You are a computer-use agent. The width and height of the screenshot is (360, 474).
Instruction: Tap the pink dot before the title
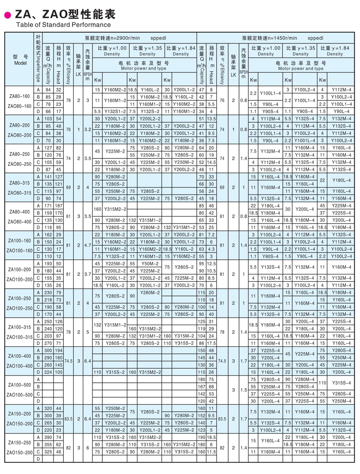[7, 16]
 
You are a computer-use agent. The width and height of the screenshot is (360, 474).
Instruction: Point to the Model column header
[20, 60]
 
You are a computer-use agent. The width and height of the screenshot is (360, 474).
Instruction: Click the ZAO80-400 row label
[20, 221]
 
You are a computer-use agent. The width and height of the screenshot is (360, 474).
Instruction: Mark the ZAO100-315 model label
[20, 338]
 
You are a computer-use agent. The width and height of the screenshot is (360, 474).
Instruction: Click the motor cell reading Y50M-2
[147, 264]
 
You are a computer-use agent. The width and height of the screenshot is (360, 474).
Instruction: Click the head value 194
[59, 350]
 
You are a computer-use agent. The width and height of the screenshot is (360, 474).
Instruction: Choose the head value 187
[59, 206]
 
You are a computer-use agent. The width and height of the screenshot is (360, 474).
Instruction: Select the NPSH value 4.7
[87, 246]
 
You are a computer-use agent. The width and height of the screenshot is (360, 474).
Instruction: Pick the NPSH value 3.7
[87, 275]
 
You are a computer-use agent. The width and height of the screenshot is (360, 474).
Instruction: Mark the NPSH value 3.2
[87, 129]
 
